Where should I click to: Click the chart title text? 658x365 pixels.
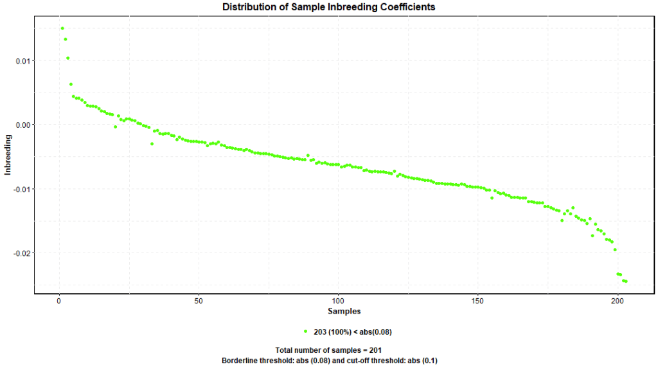click(328, 7)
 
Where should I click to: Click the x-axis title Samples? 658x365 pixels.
click(344, 312)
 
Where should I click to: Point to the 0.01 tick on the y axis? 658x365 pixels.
click(22, 61)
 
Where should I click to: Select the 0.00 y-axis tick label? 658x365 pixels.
click(22, 125)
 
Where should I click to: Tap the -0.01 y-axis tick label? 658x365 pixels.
click(21, 189)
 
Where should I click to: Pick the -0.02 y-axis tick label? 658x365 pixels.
click(21, 253)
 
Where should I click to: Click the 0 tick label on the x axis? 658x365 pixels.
click(59, 301)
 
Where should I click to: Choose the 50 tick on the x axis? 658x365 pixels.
click(199, 301)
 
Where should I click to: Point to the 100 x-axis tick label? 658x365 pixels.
click(339, 301)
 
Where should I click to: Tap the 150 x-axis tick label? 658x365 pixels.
click(478, 301)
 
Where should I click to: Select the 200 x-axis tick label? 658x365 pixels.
click(618, 301)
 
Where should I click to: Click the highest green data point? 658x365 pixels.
click(62, 28)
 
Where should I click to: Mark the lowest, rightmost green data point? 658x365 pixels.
click(625, 281)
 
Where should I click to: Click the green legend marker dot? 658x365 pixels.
click(305, 332)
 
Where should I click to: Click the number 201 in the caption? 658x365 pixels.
click(375, 350)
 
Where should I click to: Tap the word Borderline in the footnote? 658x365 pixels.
click(240, 360)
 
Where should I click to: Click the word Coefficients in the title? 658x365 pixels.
click(403, 7)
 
